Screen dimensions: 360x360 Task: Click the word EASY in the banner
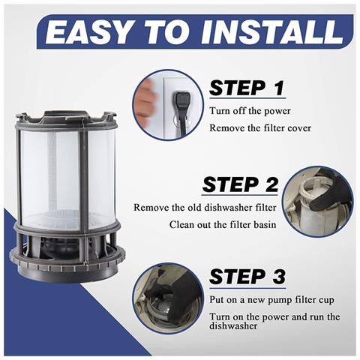(x=88, y=31)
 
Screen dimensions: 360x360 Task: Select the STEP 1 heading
(x=247, y=88)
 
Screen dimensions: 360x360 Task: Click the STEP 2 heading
(x=240, y=184)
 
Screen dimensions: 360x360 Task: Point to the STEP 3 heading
(x=247, y=277)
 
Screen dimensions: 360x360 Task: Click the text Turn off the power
(x=250, y=111)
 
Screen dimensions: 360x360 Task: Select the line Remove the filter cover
(x=260, y=128)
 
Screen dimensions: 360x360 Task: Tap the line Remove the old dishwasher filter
(x=205, y=208)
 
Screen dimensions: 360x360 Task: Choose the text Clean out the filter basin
(x=223, y=224)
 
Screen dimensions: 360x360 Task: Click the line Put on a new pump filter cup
(x=271, y=300)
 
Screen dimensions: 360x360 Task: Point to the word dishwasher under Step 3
(x=233, y=326)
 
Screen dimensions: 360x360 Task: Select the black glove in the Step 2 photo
(x=330, y=193)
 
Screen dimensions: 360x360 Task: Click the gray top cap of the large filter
(x=66, y=118)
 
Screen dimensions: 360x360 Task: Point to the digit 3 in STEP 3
(x=278, y=277)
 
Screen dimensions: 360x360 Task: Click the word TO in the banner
(x=167, y=31)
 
